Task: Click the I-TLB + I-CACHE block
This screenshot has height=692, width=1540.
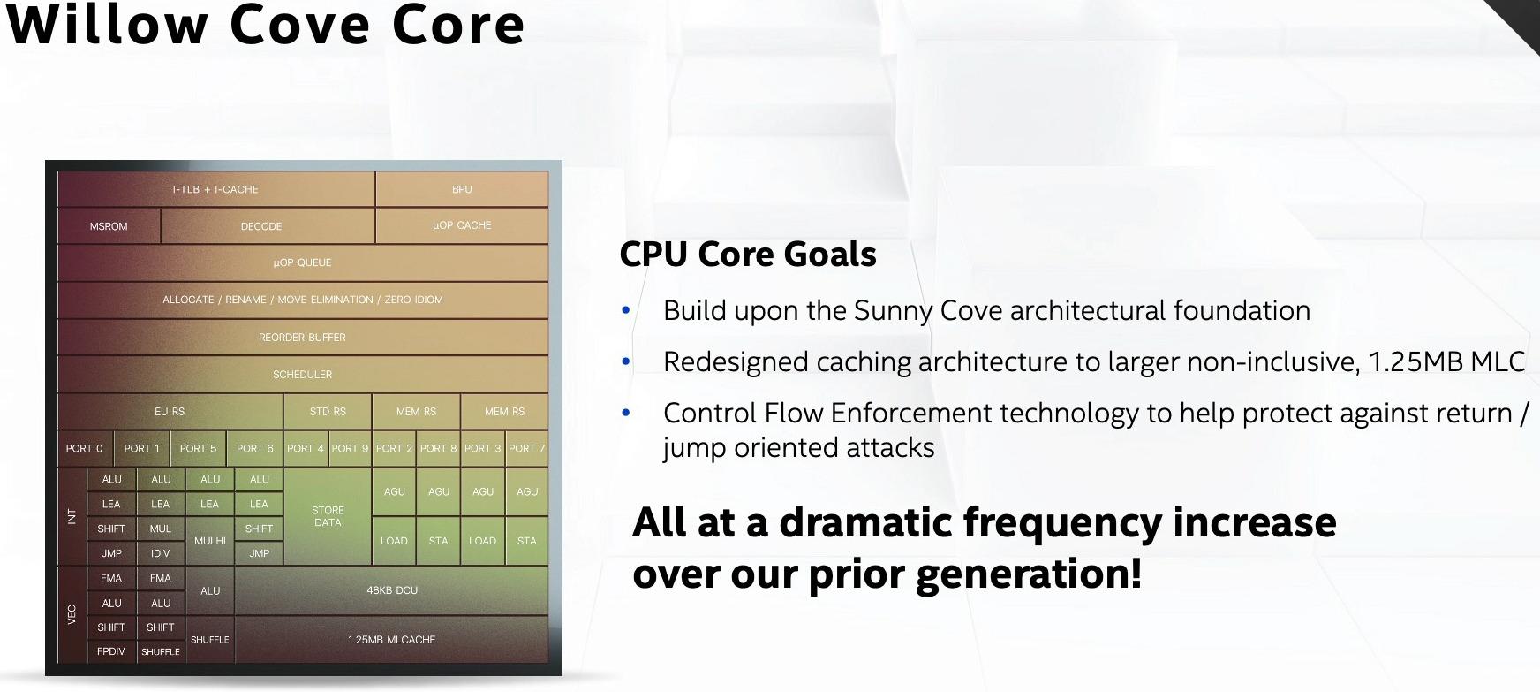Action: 215,189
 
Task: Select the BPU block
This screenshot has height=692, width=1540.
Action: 462,189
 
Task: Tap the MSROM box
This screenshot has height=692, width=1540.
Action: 109,226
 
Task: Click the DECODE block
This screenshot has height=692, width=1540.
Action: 261,226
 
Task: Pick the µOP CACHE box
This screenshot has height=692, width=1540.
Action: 462,225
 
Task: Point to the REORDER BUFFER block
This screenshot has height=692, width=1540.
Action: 302,337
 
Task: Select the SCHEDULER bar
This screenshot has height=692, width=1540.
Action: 302,374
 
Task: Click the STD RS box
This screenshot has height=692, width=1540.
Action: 328,411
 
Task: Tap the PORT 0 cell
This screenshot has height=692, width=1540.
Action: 84,448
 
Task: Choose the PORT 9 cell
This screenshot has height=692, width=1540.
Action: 350,448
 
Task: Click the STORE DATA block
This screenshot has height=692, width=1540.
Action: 328,516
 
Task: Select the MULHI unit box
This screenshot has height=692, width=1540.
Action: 210,541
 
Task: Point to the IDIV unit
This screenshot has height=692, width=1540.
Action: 161,553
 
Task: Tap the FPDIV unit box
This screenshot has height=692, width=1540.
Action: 111,651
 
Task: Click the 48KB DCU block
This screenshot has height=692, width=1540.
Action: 392,590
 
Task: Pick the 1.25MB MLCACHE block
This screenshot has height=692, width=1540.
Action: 391,639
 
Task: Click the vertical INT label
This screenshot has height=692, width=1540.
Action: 72,516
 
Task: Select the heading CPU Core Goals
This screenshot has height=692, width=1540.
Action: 747,255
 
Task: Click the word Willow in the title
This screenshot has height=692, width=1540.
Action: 106,25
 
